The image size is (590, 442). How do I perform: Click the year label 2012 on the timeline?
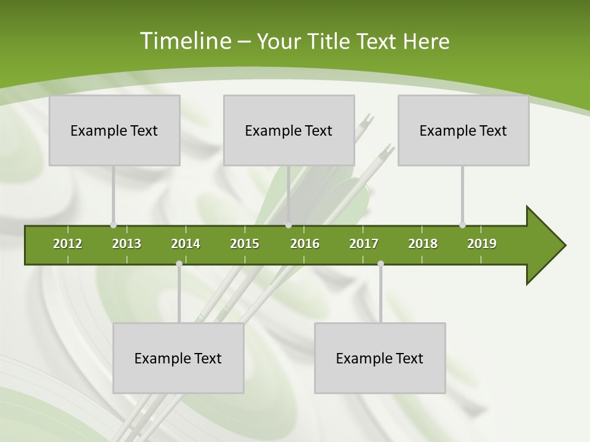(x=68, y=244)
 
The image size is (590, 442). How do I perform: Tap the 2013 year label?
(x=127, y=244)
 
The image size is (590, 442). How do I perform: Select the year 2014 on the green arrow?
(x=186, y=244)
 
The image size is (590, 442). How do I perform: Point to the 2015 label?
(x=245, y=244)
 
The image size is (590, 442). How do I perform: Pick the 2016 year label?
(x=305, y=244)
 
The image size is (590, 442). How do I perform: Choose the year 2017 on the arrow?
(x=364, y=244)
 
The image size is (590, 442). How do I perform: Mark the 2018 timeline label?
(x=423, y=244)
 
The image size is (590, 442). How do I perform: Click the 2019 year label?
(x=482, y=244)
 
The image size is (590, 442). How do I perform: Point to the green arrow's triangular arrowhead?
(x=544, y=246)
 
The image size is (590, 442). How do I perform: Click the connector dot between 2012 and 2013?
(x=113, y=225)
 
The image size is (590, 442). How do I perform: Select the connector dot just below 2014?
(x=179, y=263)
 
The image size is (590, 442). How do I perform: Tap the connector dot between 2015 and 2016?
(x=288, y=225)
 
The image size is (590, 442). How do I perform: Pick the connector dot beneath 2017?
(x=380, y=263)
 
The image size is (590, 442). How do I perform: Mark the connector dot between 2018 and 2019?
(x=462, y=225)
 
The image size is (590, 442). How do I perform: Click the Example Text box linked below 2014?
(x=178, y=358)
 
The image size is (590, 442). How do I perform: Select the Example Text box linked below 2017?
(x=380, y=358)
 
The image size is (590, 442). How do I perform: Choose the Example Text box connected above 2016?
(x=289, y=130)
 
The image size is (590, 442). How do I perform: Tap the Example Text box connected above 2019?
(x=463, y=130)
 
